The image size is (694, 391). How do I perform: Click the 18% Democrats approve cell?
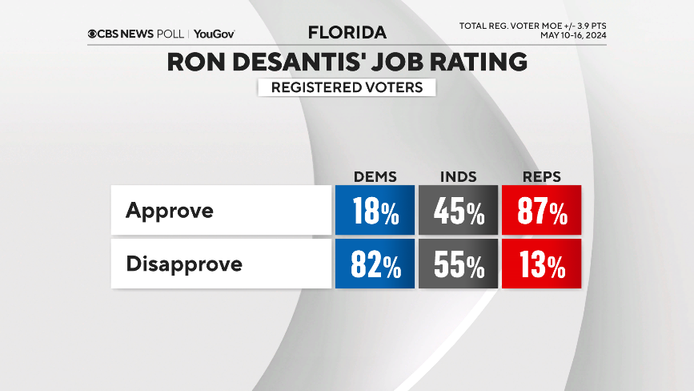pos(375,210)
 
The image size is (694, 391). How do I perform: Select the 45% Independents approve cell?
pos(458,210)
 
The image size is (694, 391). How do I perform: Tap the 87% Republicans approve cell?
pos(541,210)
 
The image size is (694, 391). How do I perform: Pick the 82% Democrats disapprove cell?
pos(375,264)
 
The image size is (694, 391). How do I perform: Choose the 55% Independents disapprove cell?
pos(458,264)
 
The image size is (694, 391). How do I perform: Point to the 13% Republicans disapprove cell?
pos(541,264)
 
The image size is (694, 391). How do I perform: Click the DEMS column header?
pos(375,176)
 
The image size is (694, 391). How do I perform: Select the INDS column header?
pos(458,176)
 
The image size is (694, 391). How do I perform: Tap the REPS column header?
pos(541,176)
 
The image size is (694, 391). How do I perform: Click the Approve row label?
pos(170,211)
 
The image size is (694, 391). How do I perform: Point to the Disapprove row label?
pos(184,264)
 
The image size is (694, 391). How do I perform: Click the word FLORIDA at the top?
pos(347,33)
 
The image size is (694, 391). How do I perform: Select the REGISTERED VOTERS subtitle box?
pos(347,87)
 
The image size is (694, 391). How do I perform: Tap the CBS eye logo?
pos(94,34)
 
